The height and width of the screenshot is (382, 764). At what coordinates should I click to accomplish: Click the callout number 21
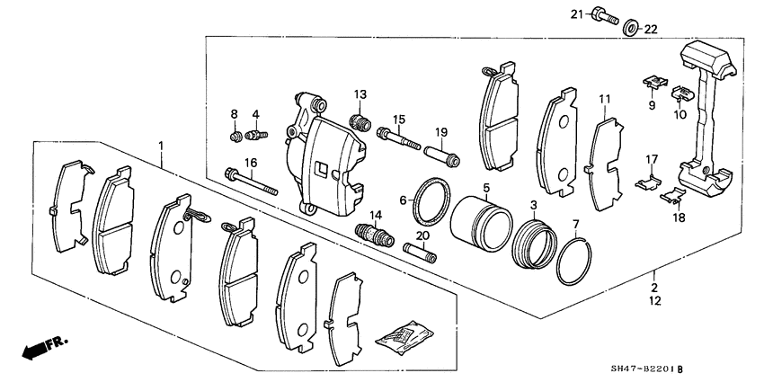pyautogui.click(x=575, y=13)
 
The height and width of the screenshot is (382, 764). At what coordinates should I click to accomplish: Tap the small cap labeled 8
pyautogui.click(x=234, y=137)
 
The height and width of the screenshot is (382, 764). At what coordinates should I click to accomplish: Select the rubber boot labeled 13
pyautogui.click(x=359, y=121)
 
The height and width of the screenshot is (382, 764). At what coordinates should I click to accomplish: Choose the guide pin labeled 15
pyautogui.click(x=399, y=138)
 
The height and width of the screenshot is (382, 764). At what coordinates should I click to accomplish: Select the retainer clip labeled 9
pyautogui.click(x=653, y=83)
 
